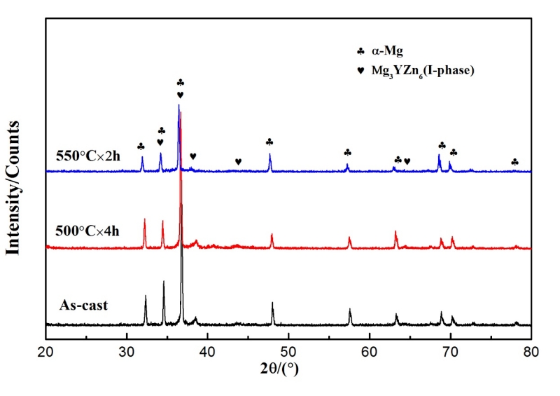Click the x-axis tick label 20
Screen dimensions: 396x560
point(46,353)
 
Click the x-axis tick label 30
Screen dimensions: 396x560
point(127,353)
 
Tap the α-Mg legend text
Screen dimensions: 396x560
point(391,51)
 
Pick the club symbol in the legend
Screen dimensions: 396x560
point(360,51)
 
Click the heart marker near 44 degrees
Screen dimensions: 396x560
point(238,162)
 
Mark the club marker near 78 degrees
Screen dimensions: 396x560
point(515,162)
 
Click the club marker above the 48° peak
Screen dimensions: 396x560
point(269,142)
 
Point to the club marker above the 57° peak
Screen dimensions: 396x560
point(347,153)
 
